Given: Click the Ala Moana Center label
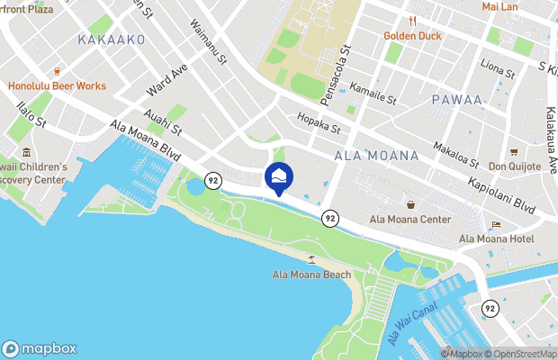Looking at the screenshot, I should pyautogui.click(x=410, y=219).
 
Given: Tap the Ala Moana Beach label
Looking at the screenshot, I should pyautogui.click(x=312, y=274).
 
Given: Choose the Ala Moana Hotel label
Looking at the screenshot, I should pyautogui.click(x=496, y=238).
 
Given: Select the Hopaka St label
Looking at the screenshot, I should pyautogui.click(x=319, y=123).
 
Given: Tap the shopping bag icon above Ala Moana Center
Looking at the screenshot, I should pyautogui.click(x=410, y=204).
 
